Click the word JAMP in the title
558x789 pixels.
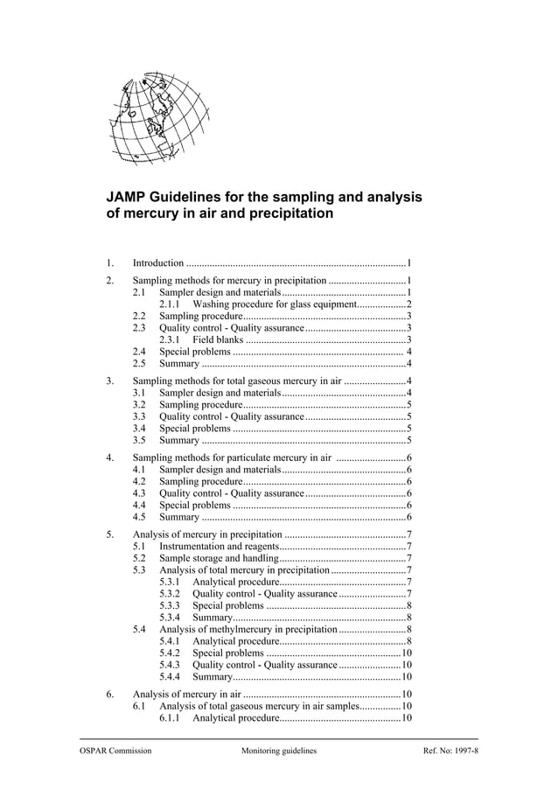point(129,198)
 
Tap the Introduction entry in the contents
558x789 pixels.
point(158,262)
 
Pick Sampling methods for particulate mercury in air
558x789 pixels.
point(232,457)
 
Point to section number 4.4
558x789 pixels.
point(139,505)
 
